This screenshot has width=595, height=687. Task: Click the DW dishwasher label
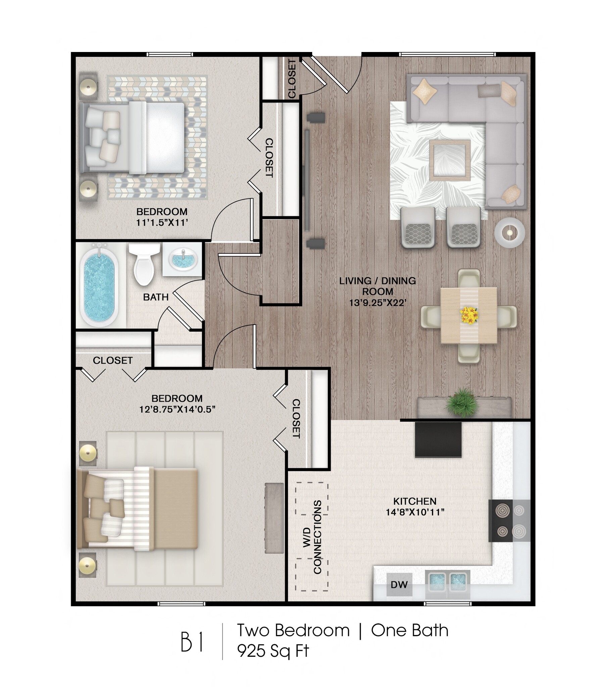pos(399,585)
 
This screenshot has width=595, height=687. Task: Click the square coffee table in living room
pos(450,160)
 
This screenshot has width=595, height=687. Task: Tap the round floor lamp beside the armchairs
pos(509,232)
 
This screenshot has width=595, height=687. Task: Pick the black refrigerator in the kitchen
pos(438,439)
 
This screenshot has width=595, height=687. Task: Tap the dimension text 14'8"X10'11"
pos(415,512)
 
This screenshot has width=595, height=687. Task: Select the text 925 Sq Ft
pos(273,651)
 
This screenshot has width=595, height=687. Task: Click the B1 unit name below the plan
pos(192,642)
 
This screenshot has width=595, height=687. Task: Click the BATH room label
pos(156,297)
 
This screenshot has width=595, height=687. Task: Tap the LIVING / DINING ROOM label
pos(378,285)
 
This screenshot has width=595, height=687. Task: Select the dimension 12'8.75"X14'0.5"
pos(177,409)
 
